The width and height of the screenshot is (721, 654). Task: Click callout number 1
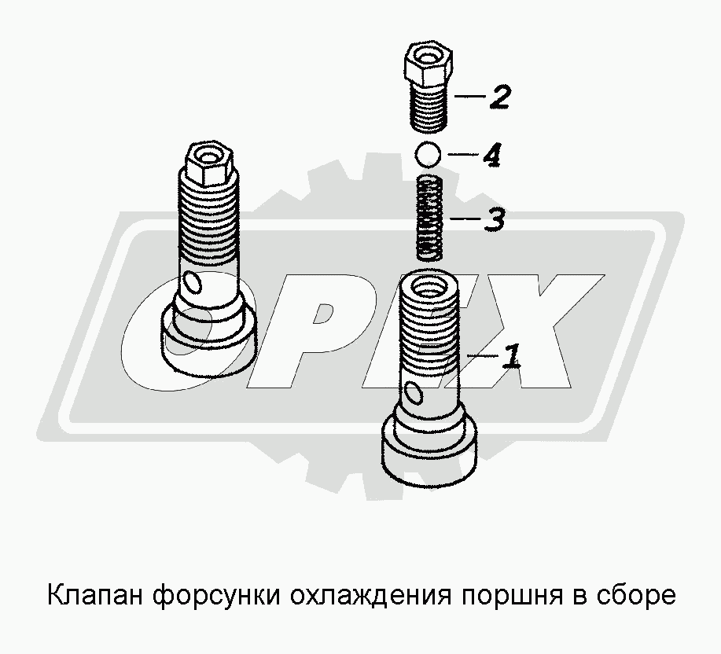pyautogui.click(x=512, y=356)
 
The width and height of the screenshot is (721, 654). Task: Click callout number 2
pyautogui.click(x=500, y=97)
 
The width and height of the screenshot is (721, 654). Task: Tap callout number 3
pyautogui.click(x=495, y=219)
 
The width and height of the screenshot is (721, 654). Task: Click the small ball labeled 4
pyautogui.click(x=428, y=153)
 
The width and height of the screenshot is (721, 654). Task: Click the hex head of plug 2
pyautogui.click(x=429, y=64)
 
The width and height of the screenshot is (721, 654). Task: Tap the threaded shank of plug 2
pyautogui.click(x=428, y=107)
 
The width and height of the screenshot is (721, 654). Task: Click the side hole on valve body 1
pyautogui.click(x=414, y=394)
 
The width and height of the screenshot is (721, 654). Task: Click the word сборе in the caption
pyautogui.click(x=637, y=596)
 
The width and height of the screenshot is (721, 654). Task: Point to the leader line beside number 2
pyautogui.click(x=470, y=97)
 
